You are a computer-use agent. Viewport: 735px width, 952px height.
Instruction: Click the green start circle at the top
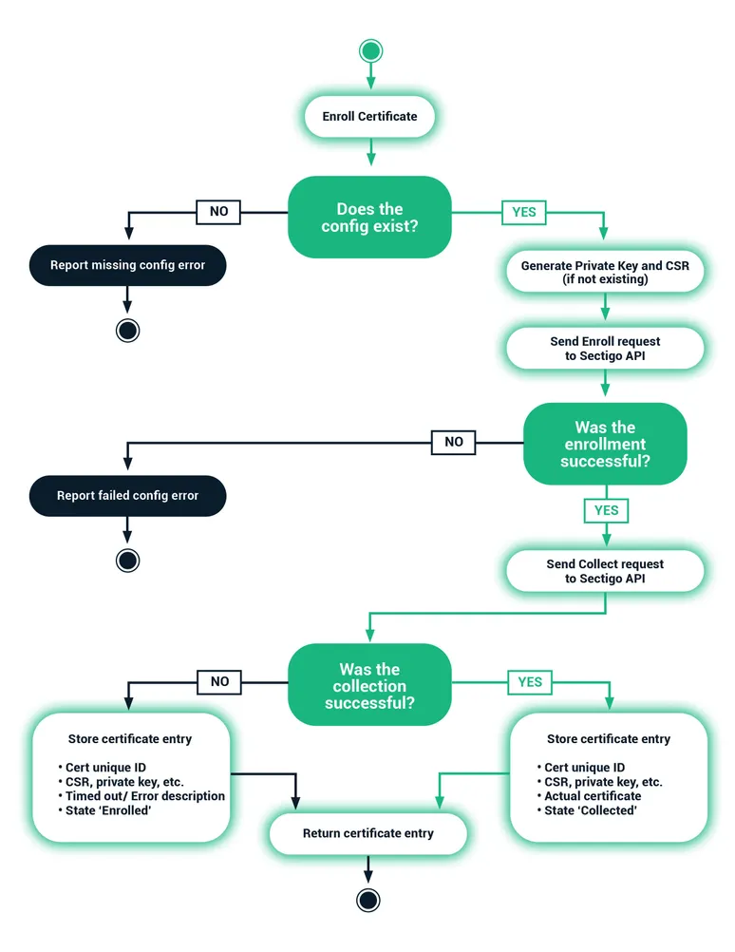coord(370,50)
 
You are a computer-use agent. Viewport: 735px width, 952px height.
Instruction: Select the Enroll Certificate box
coord(369,117)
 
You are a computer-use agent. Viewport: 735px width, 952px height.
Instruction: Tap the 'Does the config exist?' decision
coord(369,217)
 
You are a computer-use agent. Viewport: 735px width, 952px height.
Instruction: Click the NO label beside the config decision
coord(218,211)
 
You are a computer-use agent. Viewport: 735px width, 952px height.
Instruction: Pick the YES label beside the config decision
coord(524,212)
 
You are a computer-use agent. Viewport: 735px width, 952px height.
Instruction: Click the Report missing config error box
coord(127,265)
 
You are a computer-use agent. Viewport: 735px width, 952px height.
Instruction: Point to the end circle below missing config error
coord(127,330)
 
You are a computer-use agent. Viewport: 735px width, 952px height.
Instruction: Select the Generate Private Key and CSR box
coord(605,273)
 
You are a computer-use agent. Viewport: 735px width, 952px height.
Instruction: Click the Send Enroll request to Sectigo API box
coord(605,349)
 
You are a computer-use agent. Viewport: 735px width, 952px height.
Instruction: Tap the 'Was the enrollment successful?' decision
coord(605,445)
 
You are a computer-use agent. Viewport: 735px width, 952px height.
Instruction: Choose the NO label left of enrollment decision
coord(454,442)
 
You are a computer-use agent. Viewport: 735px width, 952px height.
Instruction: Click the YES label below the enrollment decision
coord(606,510)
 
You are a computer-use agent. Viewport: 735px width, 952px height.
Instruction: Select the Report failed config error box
coord(127,495)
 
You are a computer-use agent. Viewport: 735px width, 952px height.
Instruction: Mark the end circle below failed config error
coord(127,560)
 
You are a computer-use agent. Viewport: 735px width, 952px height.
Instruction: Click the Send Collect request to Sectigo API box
coord(605,571)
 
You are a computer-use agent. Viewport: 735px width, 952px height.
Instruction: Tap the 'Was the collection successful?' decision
coord(369,686)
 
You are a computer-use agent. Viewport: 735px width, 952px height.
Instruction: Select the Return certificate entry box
coord(368,833)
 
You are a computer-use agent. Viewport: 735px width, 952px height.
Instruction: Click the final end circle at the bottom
coord(368,899)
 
